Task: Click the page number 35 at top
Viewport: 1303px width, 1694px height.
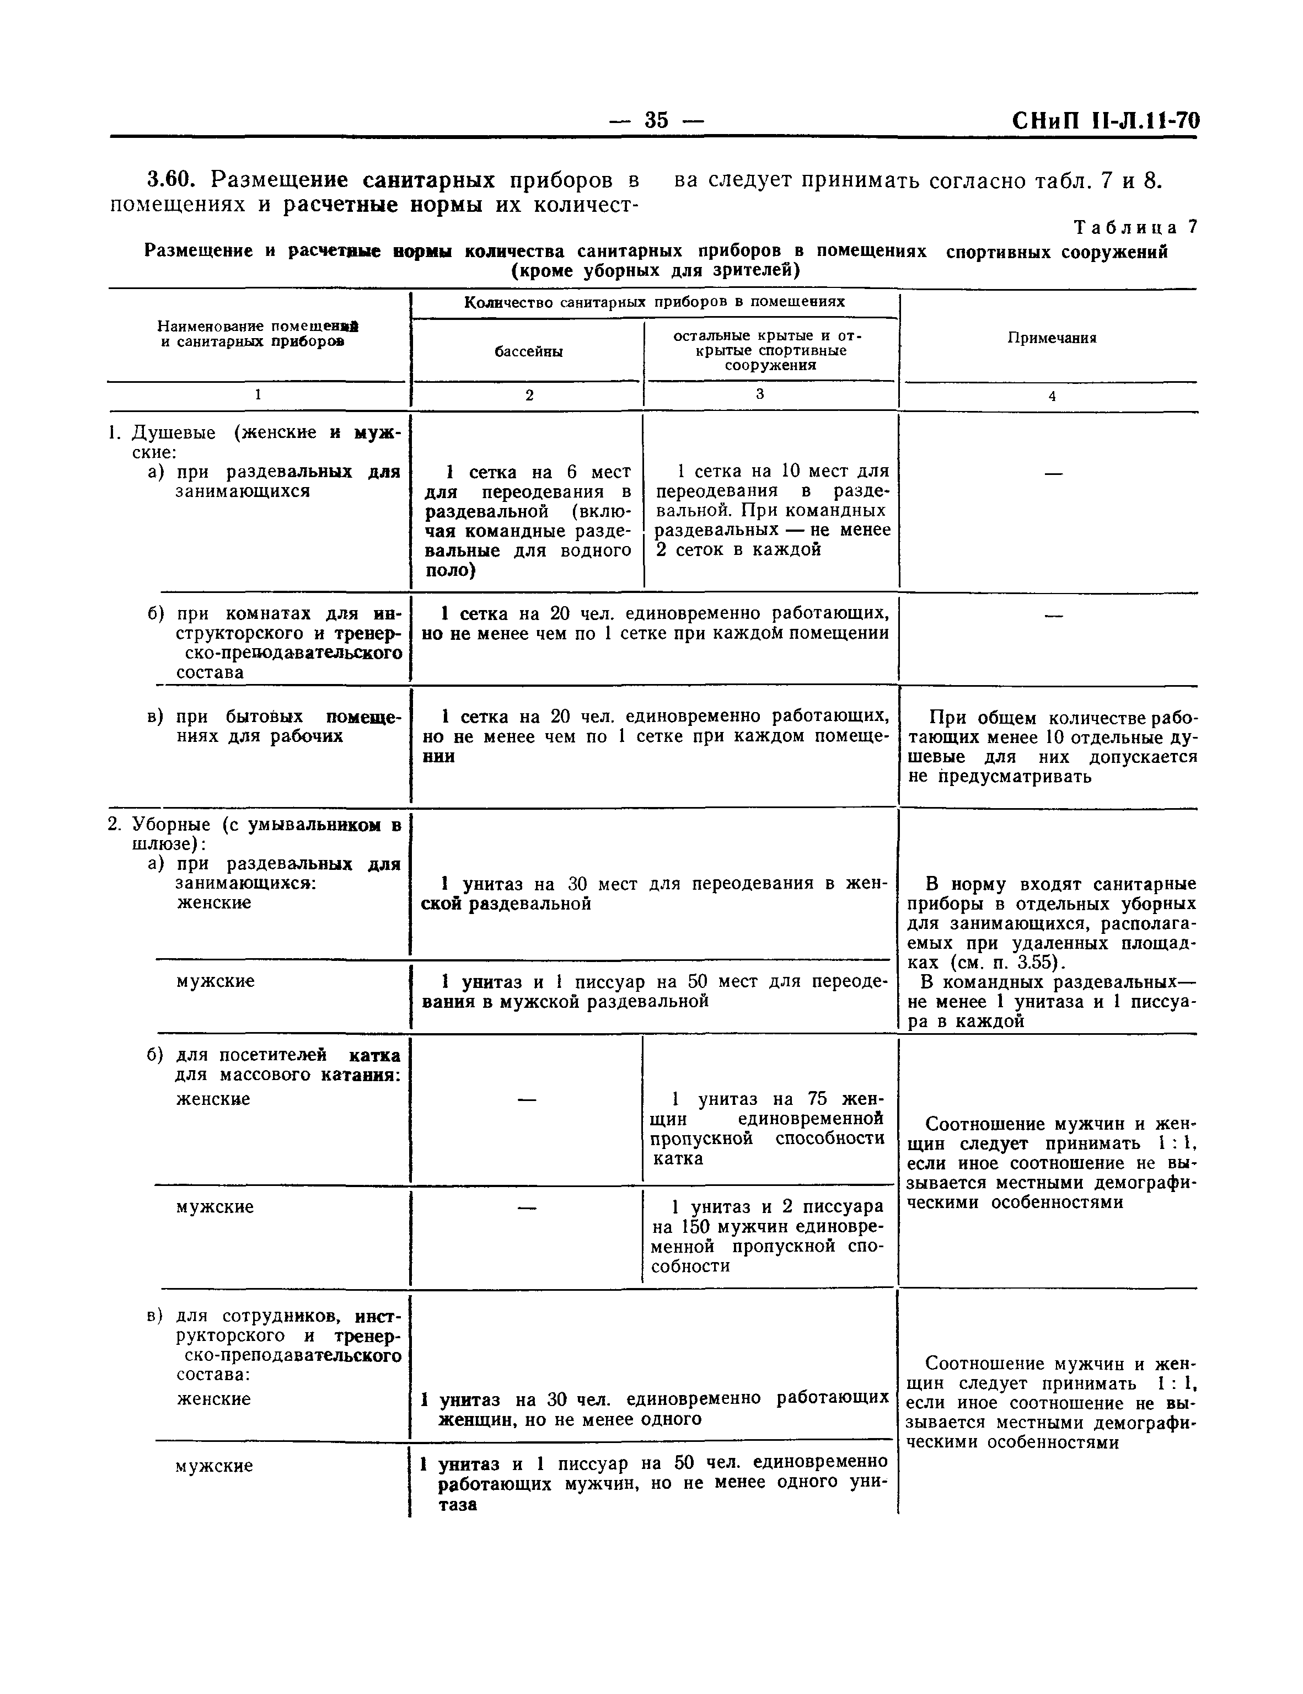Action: tap(656, 120)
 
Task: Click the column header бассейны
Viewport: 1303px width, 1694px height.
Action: tap(528, 351)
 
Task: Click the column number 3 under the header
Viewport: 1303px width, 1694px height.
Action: tap(759, 394)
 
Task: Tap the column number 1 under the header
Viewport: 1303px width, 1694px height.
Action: tap(258, 395)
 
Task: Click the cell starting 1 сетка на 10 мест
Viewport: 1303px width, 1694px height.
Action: tap(772, 510)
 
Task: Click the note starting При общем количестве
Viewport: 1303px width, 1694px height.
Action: tap(1052, 746)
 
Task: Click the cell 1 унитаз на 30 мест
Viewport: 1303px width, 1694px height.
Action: tap(652, 894)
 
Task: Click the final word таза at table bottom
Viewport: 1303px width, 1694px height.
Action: tap(456, 1505)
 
